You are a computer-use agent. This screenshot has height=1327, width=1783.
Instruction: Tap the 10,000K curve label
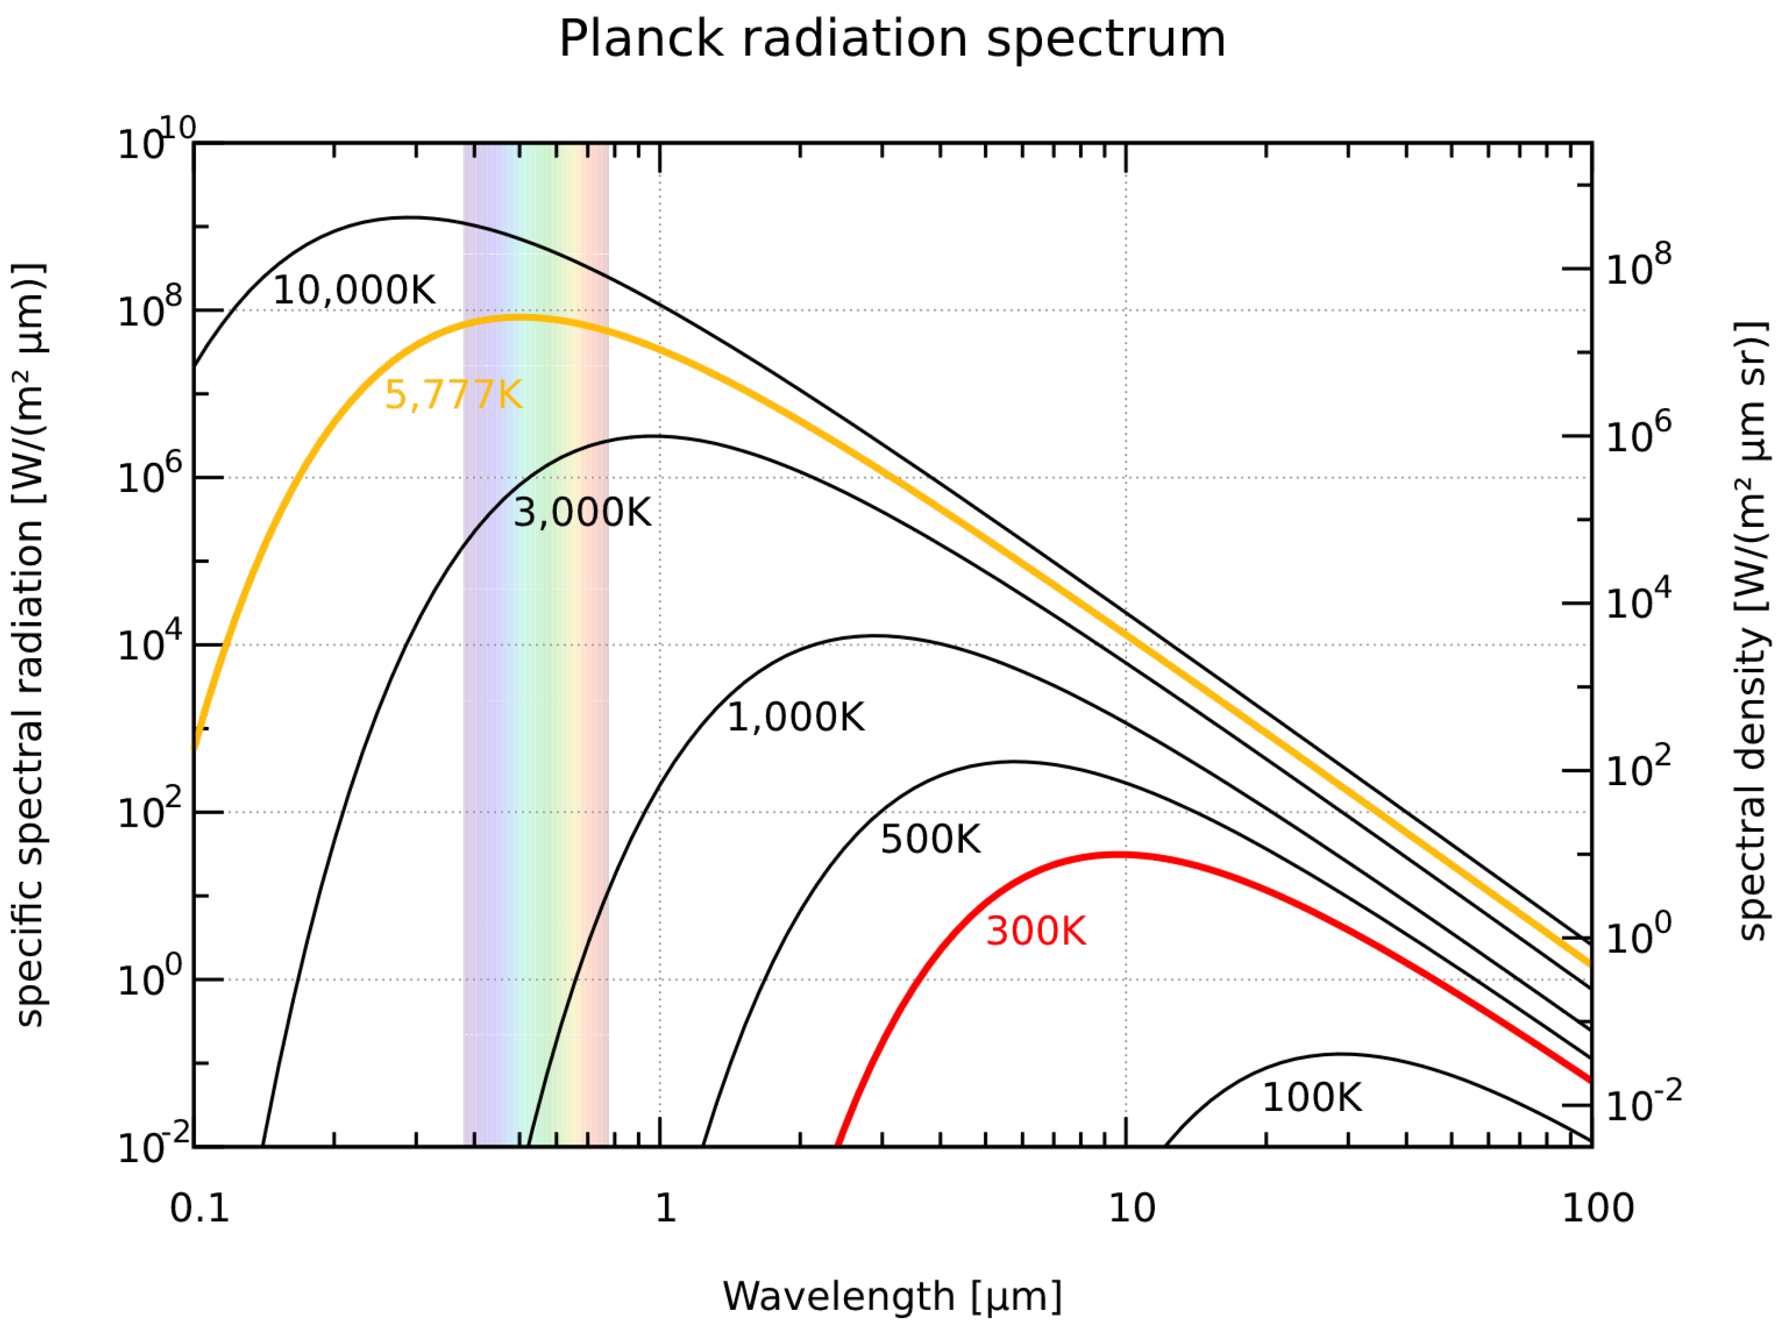pyautogui.click(x=354, y=290)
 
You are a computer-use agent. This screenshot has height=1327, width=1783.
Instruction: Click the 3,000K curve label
pyautogui.click(x=582, y=512)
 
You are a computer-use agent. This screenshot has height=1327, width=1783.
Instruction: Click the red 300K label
pyautogui.click(x=1035, y=931)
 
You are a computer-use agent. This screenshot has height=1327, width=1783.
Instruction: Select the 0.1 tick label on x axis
pyautogui.click(x=199, y=1208)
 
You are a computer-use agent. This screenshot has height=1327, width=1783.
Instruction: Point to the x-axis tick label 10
pyautogui.click(x=1132, y=1208)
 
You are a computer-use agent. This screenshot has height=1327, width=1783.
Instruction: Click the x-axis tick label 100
pyautogui.click(x=1597, y=1208)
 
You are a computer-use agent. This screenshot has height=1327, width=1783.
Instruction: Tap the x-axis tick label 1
pyautogui.click(x=665, y=1208)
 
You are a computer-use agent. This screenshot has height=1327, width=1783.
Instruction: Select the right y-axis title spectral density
pyautogui.click(x=1751, y=630)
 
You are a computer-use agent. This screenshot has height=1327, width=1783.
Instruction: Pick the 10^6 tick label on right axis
pyautogui.click(x=1638, y=435)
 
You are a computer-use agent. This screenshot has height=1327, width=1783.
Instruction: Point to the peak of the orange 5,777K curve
pyautogui.click(x=521, y=318)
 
